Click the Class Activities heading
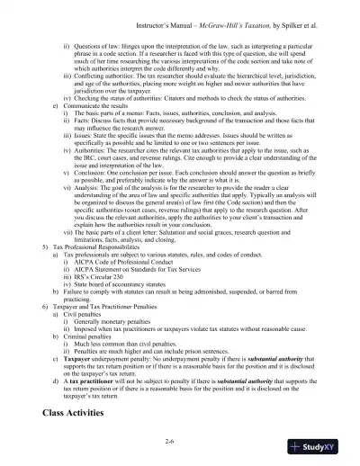coord(78,413)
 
